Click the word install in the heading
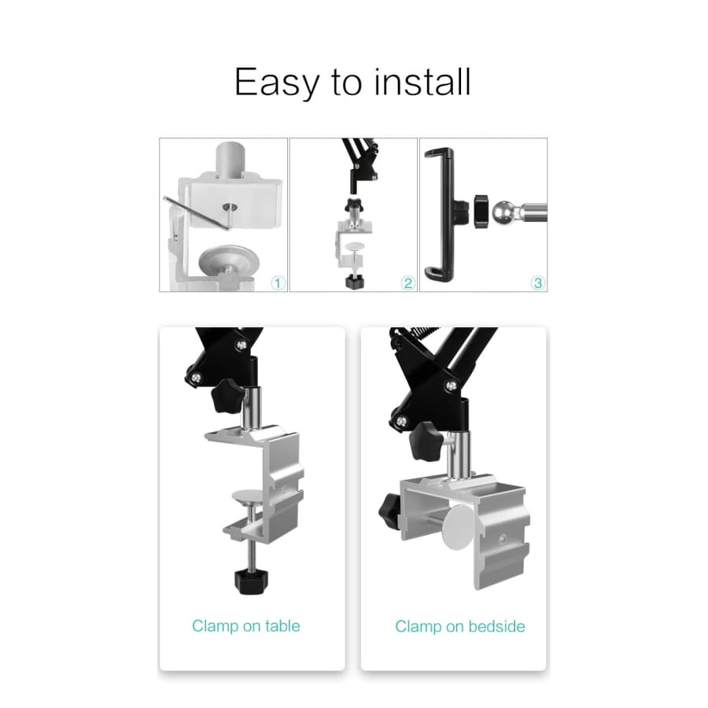click(422, 81)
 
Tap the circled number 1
click(278, 283)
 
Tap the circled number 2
click(407, 283)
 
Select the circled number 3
click(538, 283)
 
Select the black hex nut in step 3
click(481, 212)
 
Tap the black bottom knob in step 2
click(355, 282)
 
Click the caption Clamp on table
click(246, 626)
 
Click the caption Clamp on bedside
click(460, 626)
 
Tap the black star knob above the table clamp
click(228, 396)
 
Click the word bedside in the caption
click(496, 626)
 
